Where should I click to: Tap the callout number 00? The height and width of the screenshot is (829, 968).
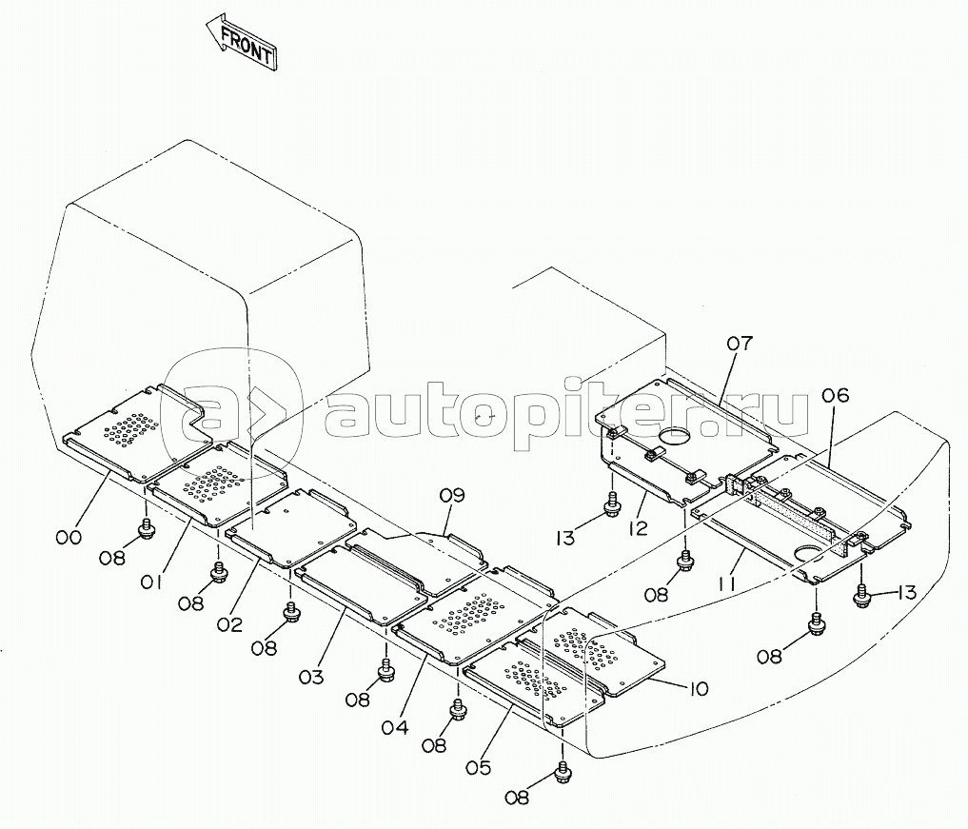(x=68, y=538)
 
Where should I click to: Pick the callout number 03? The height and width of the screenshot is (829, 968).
(x=311, y=677)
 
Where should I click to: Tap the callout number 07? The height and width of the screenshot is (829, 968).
(x=741, y=342)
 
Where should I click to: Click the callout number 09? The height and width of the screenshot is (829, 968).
(x=452, y=495)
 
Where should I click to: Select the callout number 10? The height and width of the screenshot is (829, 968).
(x=698, y=688)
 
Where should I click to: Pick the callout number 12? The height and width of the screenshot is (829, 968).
(x=639, y=527)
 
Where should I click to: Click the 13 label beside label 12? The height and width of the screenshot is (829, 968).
(x=566, y=538)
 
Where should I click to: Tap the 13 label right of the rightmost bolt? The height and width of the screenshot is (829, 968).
(x=902, y=593)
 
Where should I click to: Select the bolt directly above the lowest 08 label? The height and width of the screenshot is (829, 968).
(x=563, y=769)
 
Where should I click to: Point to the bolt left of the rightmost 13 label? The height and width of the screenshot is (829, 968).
(x=863, y=597)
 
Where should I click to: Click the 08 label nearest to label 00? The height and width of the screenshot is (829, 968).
(x=112, y=557)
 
